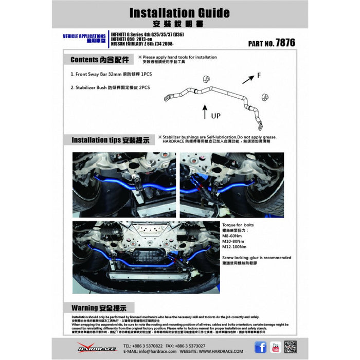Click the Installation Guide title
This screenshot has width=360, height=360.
pyautogui.click(x=179, y=12)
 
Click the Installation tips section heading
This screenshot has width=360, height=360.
pyautogui.click(x=110, y=139)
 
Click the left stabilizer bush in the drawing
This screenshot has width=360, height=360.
pyautogui.click(x=207, y=78)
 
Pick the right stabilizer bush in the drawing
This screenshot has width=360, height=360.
pyautogui.click(x=265, y=97)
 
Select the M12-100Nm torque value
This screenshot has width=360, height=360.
pyautogui.click(x=236, y=246)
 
